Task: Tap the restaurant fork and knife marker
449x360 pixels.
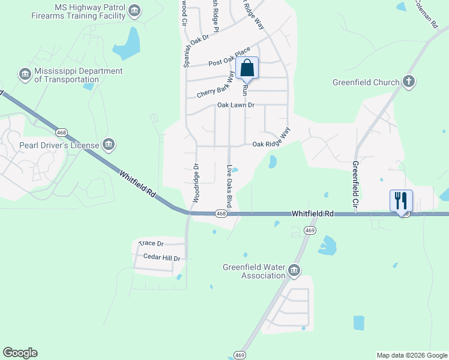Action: tap(401, 200)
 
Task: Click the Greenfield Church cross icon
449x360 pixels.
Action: tap(408, 82)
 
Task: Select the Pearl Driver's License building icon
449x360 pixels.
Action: tap(109, 145)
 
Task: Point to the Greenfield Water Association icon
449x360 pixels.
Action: tap(294, 271)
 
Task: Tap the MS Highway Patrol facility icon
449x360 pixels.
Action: tap(134, 10)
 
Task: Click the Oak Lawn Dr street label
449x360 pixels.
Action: tap(236, 105)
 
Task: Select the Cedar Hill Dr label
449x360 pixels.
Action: tap(162, 257)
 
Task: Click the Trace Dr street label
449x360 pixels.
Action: tap(151, 244)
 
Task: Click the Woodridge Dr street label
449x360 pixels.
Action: tap(196, 182)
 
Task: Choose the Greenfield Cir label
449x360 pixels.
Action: tap(355, 186)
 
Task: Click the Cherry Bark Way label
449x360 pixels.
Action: tap(215, 85)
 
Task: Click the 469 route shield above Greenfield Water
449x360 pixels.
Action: tap(310, 230)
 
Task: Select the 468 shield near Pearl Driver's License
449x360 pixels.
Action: tap(61, 132)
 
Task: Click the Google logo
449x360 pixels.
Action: tap(20, 353)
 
